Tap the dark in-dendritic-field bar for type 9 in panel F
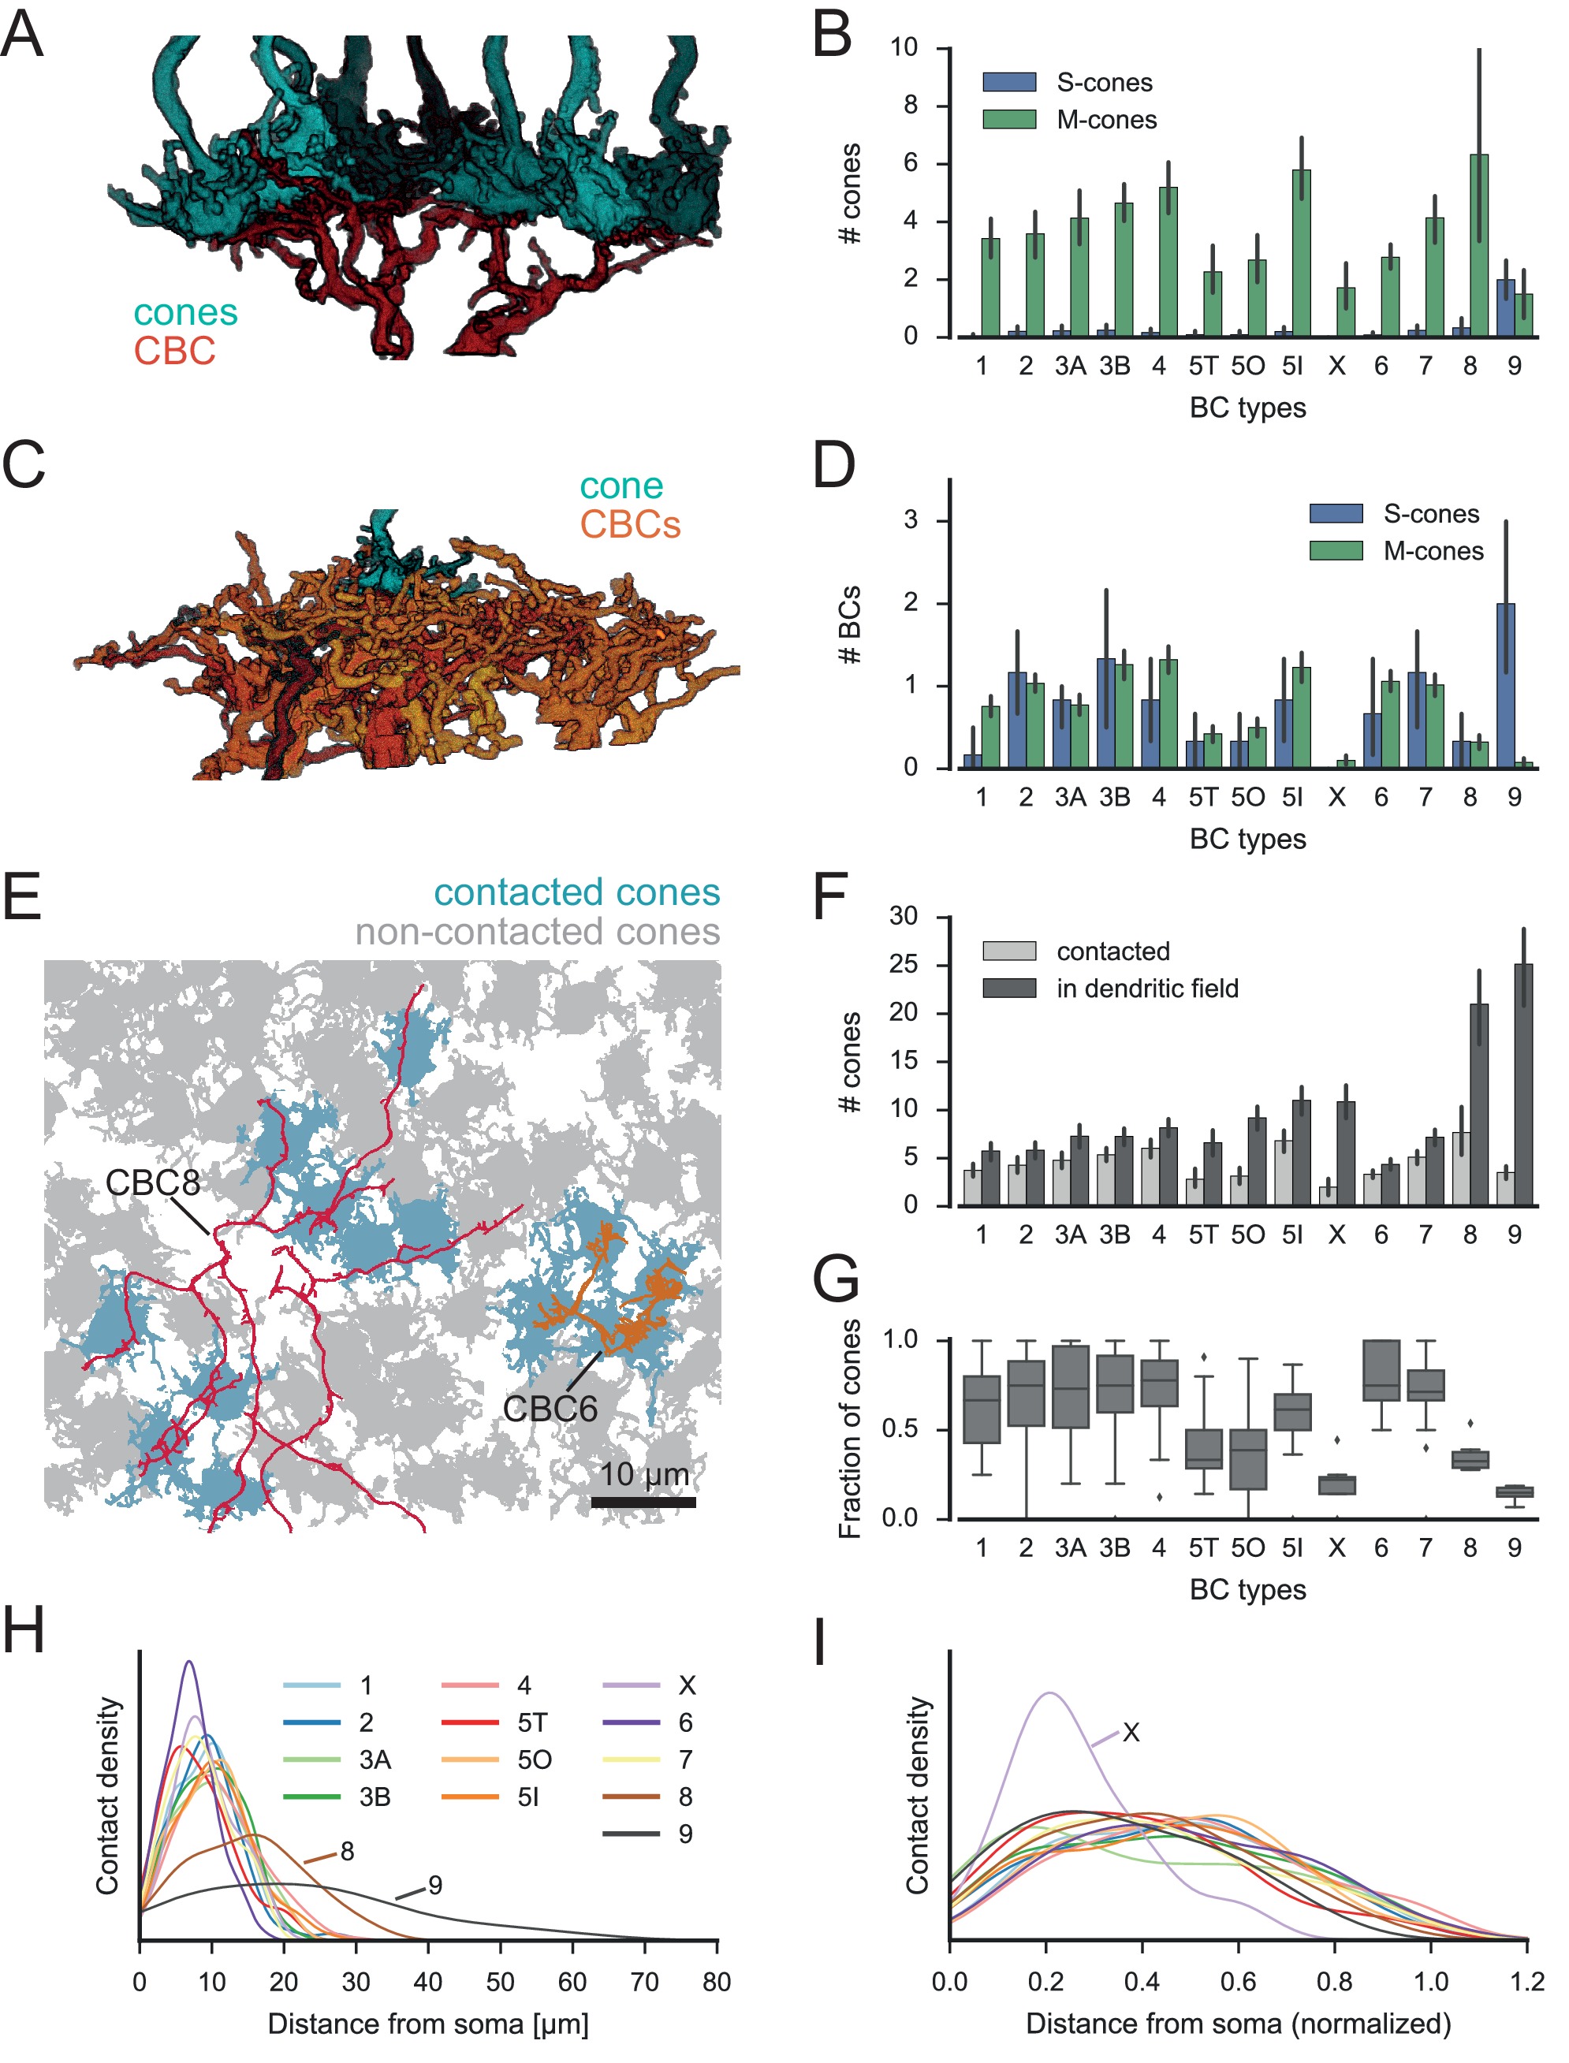pyautogui.click(x=1523, y=1083)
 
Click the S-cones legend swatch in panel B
pyautogui.click(x=1008, y=82)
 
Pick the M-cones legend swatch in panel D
pyautogui.click(x=1336, y=551)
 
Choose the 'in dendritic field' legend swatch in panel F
pyautogui.click(x=1008, y=988)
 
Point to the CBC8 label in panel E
pyautogui.click(x=152, y=1182)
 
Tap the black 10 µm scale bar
pyautogui.click(x=643, y=1503)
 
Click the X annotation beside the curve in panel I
pyautogui.click(x=1131, y=1733)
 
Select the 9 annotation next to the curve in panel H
pyautogui.click(x=435, y=1885)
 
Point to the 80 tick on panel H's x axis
pyautogui.click(x=717, y=1982)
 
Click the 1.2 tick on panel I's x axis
pyautogui.click(x=1527, y=1982)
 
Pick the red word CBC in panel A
pyautogui.click(x=175, y=351)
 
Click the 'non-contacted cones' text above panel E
pyautogui.click(x=537, y=931)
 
